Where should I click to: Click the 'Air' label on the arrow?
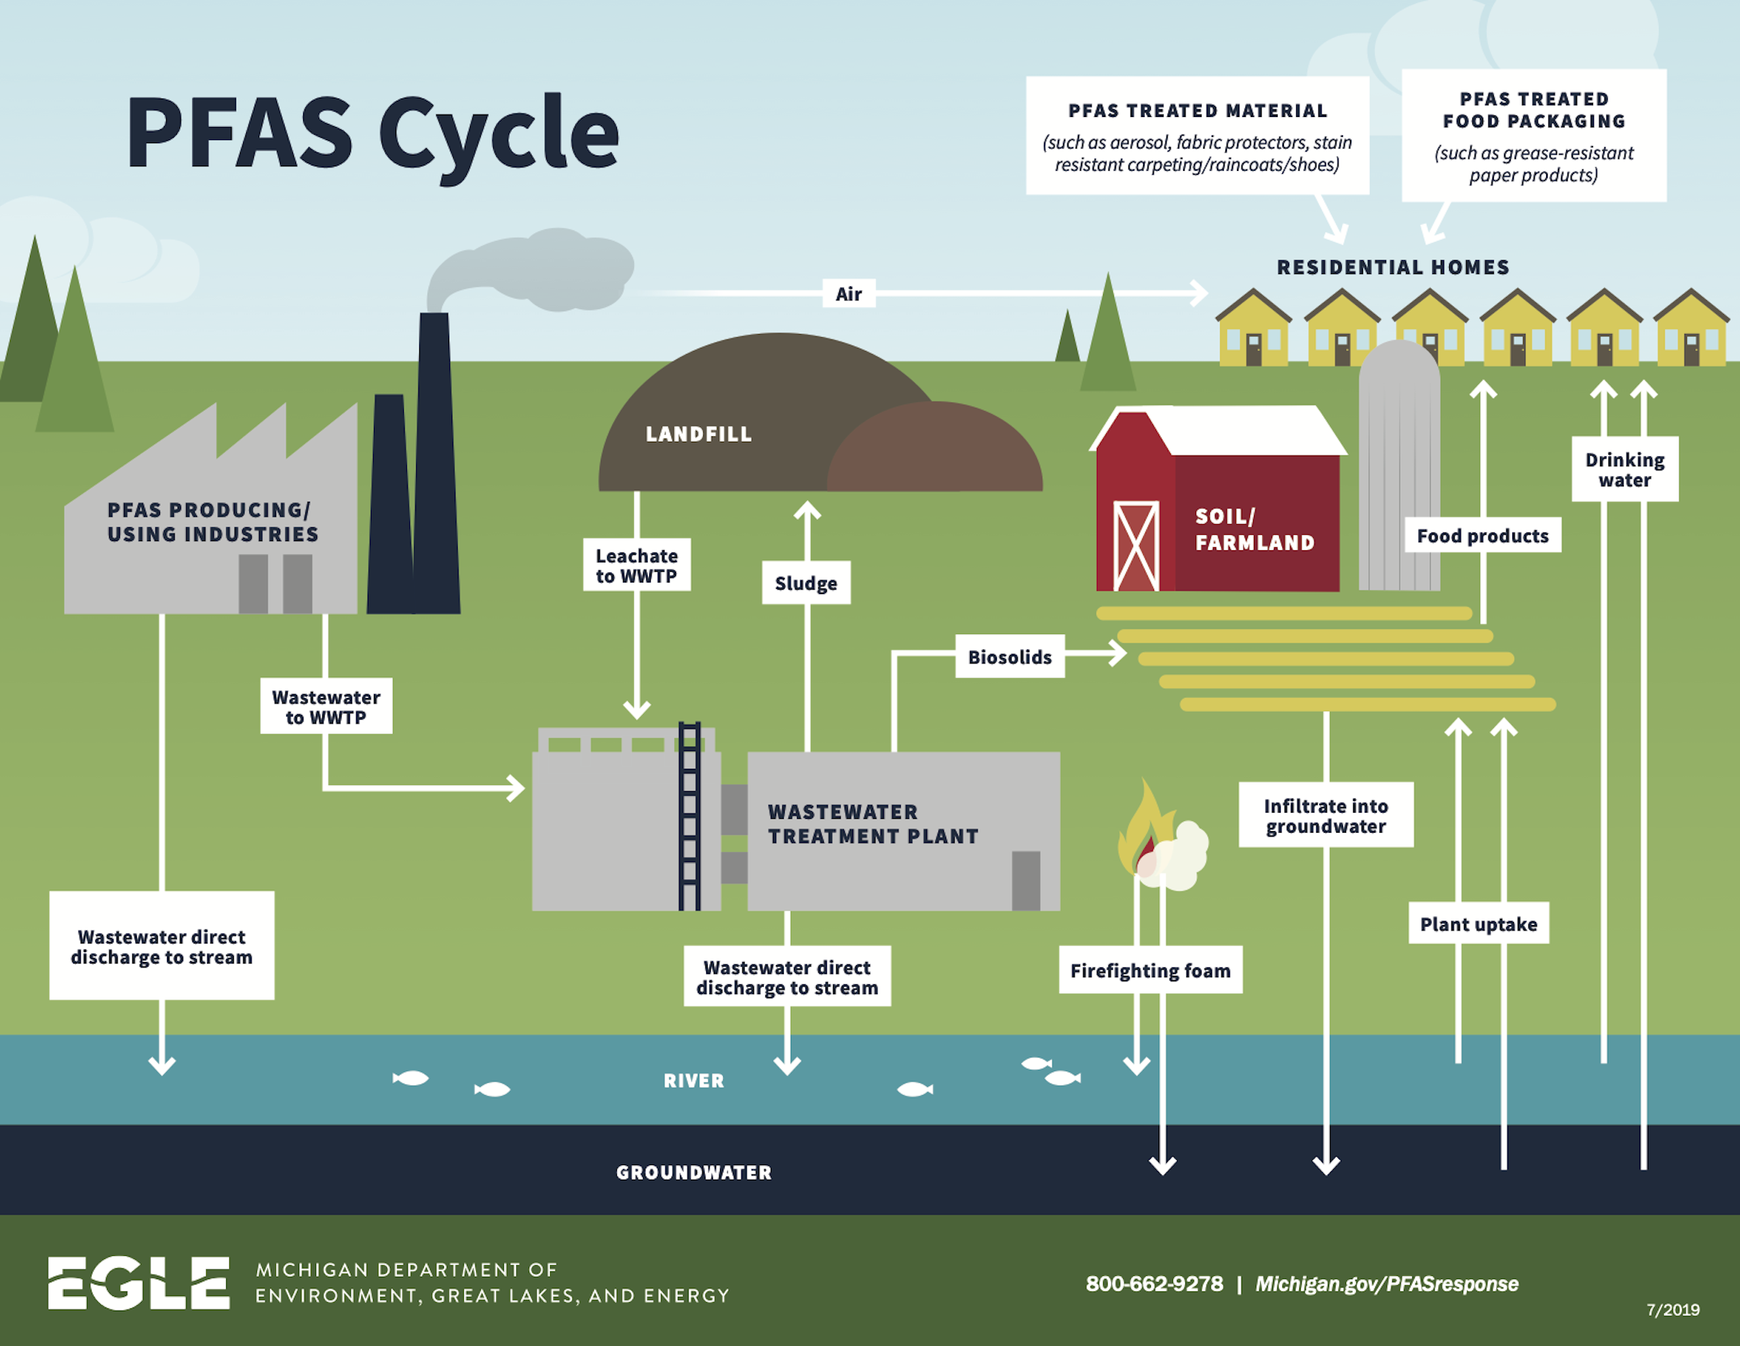coord(848,294)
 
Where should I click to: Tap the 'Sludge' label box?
coord(805,583)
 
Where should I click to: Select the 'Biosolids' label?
coord(1009,656)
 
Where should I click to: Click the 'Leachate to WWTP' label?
coord(637,565)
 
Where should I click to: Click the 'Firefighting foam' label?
coord(1150,970)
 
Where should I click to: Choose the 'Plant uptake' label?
coord(1478,923)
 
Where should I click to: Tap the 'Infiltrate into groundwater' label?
coord(1325,815)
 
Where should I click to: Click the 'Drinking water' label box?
coord(1625,469)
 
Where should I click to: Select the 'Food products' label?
coord(1482,536)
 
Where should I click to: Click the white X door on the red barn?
coord(1135,546)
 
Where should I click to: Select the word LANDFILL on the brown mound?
coord(698,434)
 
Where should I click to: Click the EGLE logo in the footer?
coord(138,1283)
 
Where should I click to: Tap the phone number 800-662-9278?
coord(1154,1284)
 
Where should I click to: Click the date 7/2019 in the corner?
coord(1672,1310)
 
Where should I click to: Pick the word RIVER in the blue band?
coord(694,1080)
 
